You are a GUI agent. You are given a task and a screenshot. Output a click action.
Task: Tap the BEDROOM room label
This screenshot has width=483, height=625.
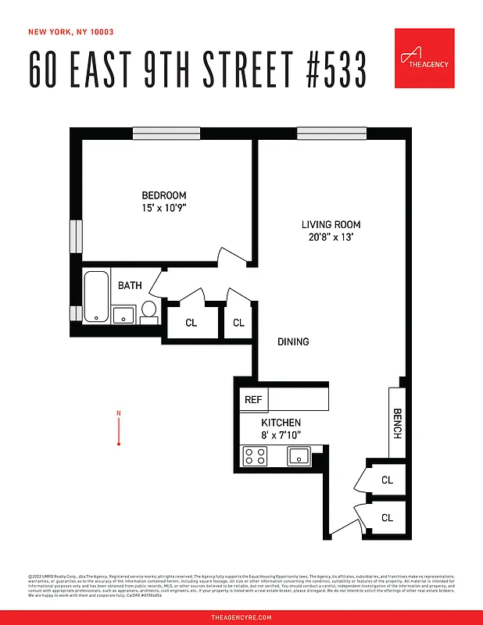[164, 195]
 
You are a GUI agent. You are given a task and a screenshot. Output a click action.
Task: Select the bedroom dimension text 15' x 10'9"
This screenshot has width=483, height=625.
[164, 209]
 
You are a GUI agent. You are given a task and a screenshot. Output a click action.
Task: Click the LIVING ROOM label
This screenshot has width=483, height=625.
[331, 225]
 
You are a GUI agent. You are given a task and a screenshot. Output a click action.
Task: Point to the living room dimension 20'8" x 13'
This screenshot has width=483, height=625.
[331, 238]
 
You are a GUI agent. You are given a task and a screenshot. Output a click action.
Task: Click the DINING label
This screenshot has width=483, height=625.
[293, 341]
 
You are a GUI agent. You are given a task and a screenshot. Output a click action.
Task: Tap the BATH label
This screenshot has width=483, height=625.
[130, 285]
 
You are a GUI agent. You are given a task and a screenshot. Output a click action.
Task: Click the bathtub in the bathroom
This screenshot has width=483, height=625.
[96, 296]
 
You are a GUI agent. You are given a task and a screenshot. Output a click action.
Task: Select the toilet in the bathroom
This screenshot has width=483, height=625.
[149, 312]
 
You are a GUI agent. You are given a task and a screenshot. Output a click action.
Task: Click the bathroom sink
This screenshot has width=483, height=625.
[123, 315]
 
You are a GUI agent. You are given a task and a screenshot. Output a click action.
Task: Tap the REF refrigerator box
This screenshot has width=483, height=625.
[253, 399]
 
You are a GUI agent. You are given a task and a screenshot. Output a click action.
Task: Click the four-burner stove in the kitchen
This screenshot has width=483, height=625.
[254, 455]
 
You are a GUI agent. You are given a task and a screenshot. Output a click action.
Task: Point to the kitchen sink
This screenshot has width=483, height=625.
[299, 455]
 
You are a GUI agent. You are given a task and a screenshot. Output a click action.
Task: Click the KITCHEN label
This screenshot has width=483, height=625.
[281, 423]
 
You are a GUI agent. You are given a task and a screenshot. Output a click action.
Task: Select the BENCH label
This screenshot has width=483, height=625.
[397, 423]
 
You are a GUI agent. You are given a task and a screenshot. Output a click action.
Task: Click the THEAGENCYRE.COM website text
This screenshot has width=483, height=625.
[241, 617]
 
